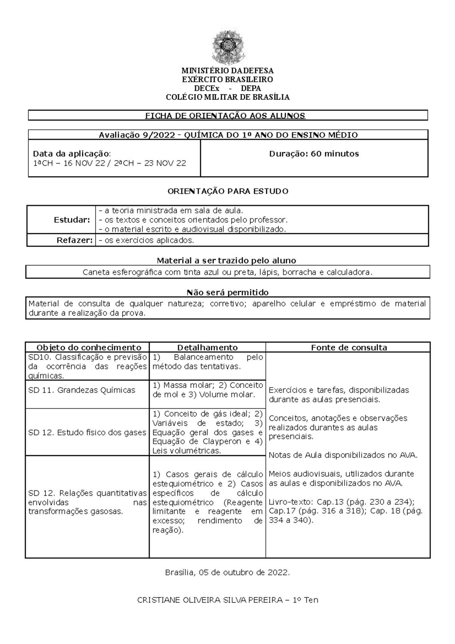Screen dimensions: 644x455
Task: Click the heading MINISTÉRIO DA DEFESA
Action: pyautogui.click(x=227, y=71)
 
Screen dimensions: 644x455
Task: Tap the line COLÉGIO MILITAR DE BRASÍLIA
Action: pyautogui.click(x=227, y=97)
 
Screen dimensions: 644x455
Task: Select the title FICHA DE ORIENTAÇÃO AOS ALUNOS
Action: pyautogui.click(x=225, y=116)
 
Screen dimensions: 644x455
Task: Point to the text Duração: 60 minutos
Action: pyautogui.click(x=314, y=154)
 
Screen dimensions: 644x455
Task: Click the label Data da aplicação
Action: pyautogui.click(x=71, y=154)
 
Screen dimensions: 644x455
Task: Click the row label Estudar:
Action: pyautogui.click(x=77, y=220)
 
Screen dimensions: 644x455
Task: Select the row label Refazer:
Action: pyautogui.click(x=75, y=240)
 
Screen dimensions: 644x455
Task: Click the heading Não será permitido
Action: pyautogui.click(x=227, y=292)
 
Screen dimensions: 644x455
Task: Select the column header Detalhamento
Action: pyautogui.click(x=207, y=347)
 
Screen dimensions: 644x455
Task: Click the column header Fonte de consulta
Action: pyautogui.click(x=349, y=347)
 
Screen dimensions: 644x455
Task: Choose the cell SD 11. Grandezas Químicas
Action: pyautogui.click(x=82, y=390)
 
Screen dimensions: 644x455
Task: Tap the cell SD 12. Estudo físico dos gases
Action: pyautogui.click(x=87, y=432)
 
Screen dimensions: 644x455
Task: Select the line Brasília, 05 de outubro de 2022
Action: pyautogui.click(x=227, y=573)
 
